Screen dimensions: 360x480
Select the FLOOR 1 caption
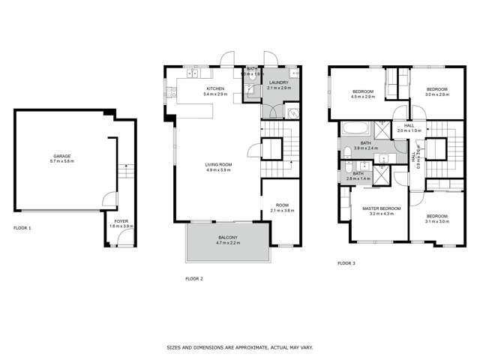coord(22,226)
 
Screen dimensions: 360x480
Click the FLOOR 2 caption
coord(194,278)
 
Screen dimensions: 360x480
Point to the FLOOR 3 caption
coord(346,262)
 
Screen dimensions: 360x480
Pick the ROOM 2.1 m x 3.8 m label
coord(282,205)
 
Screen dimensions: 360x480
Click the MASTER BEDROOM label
coord(381,208)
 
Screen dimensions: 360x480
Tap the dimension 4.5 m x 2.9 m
coord(363,96)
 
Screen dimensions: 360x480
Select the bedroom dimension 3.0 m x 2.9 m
coord(436,94)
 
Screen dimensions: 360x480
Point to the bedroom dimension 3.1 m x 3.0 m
coord(436,221)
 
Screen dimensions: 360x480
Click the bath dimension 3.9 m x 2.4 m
coord(366,148)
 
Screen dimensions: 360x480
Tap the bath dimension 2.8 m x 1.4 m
coord(358,180)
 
